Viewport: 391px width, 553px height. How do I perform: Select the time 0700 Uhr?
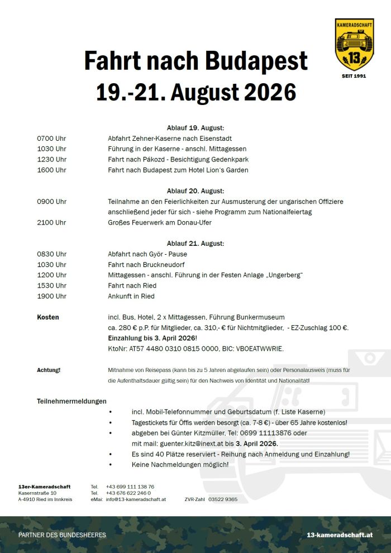[x=51, y=138]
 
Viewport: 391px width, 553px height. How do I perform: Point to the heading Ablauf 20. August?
[x=195, y=191]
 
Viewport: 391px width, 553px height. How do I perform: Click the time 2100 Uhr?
[x=51, y=222]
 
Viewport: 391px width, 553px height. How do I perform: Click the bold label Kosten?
[x=48, y=317]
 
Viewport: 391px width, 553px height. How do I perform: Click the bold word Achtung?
[x=49, y=370]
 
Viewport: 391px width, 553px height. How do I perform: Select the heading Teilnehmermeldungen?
[x=71, y=401]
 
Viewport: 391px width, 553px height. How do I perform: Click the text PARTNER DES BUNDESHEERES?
[x=62, y=535]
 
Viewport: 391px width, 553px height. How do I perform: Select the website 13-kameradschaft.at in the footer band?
[x=340, y=535]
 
